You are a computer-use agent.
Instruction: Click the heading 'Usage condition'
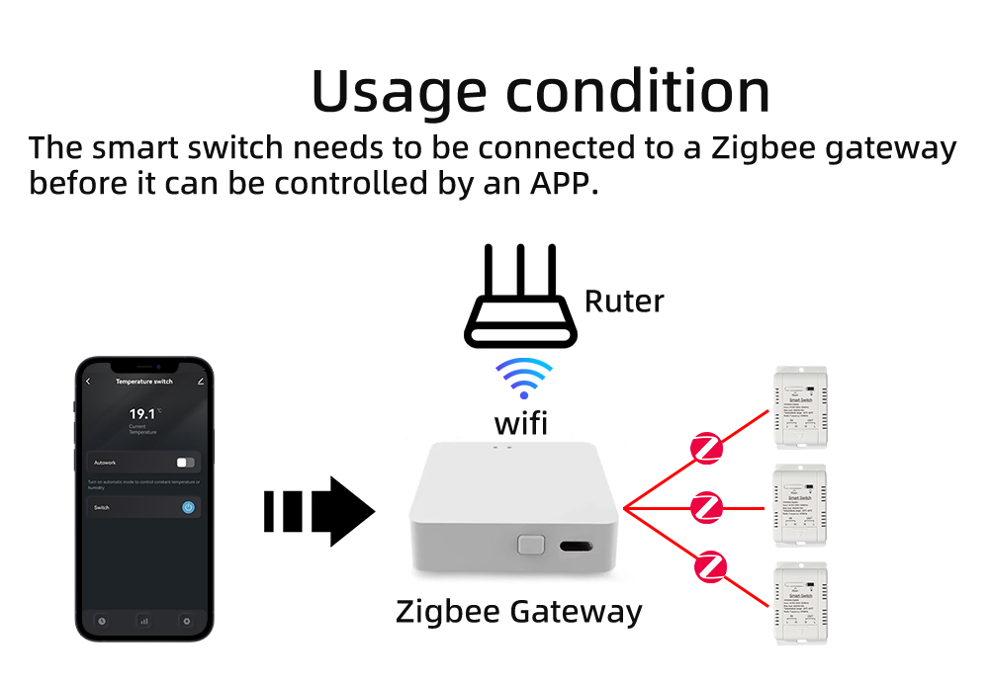(x=540, y=91)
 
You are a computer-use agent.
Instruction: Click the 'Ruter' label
(x=624, y=301)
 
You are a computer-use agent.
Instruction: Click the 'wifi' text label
(x=521, y=424)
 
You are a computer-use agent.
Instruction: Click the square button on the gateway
(x=531, y=545)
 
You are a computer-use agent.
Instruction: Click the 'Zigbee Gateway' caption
(x=519, y=612)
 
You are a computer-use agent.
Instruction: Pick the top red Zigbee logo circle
(x=707, y=448)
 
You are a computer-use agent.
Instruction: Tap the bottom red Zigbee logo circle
(x=710, y=567)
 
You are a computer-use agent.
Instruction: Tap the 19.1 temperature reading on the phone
(x=142, y=413)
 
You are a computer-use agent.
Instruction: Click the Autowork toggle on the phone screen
(x=185, y=462)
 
